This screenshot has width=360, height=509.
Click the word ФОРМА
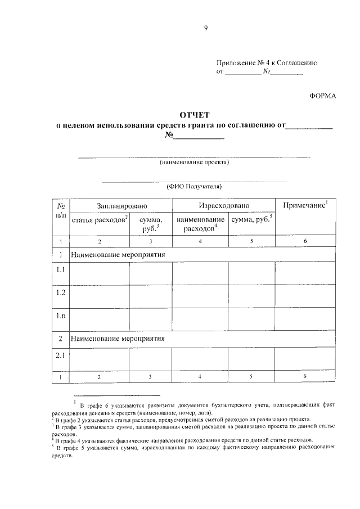[x=322, y=96]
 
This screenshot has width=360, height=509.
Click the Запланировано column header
[x=121, y=206]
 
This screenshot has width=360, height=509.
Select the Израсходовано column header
[x=223, y=206]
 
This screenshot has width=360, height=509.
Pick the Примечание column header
[x=304, y=206]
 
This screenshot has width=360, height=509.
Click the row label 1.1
[x=61, y=270]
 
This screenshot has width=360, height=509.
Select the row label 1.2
[x=61, y=292]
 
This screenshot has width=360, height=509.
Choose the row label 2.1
[x=61, y=355]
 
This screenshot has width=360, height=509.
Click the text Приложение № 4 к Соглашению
[x=267, y=63]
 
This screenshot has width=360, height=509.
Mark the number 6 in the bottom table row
[x=304, y=376]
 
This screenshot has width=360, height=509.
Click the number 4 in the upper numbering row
[x=200, y=241]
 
